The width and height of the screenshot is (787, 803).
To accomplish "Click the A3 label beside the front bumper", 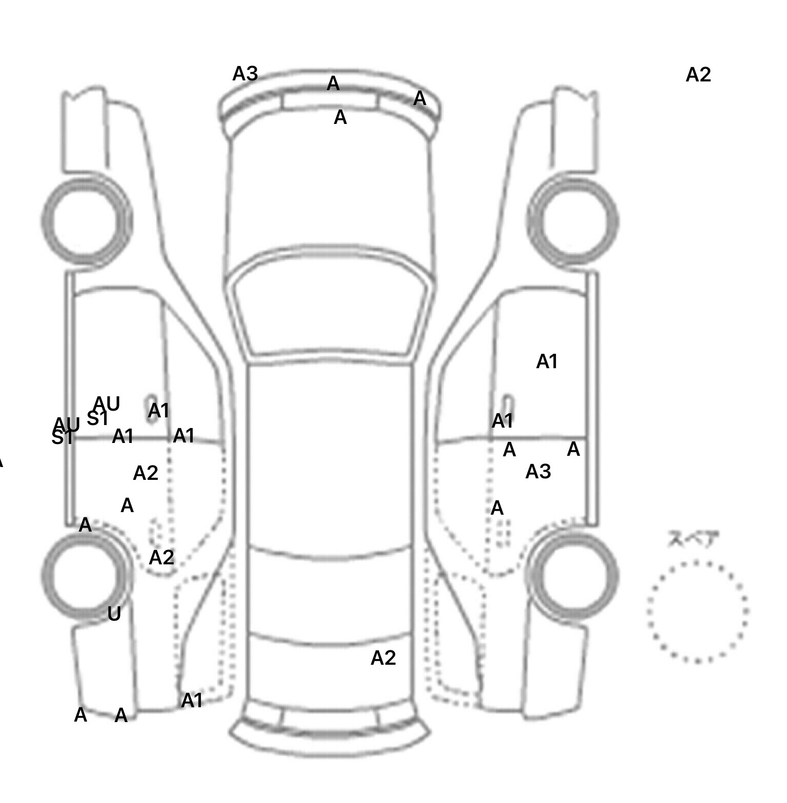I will (245, 74).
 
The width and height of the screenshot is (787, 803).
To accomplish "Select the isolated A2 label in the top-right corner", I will (698, 75).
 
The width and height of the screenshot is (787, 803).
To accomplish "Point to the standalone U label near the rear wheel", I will (114, 614).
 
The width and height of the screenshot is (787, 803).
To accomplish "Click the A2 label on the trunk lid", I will (383, 658).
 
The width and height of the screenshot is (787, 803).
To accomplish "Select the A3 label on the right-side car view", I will (538, 472).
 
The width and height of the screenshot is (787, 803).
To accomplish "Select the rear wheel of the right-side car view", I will (573, 574).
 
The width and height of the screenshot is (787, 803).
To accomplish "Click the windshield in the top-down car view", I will (330, 312).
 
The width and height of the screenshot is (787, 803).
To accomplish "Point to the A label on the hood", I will (340, 118).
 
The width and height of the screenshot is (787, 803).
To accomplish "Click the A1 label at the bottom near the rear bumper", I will (192, 701).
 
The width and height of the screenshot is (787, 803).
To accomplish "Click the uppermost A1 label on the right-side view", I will (546, 362).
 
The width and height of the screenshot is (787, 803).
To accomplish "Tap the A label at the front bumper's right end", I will (420, 98).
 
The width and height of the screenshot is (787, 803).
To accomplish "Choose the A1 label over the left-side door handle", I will (158, 411).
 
